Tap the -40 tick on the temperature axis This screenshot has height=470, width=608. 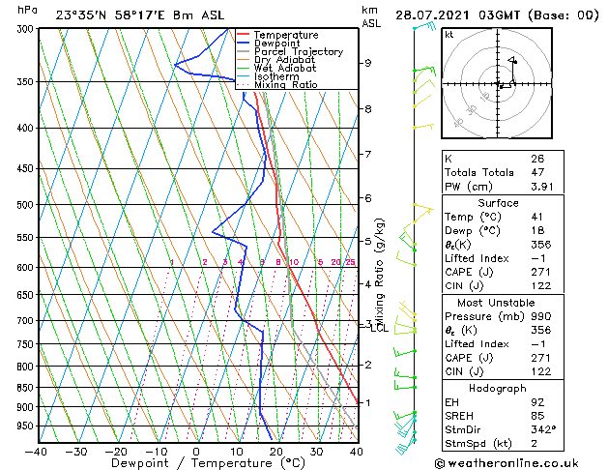click(x=37, y=452)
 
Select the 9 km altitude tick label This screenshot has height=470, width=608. click(x=367, y=63)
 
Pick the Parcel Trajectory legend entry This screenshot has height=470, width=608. click(x=298, y=52)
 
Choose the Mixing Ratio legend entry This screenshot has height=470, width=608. click(x=284, y=85)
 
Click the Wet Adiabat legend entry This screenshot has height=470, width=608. click(x=286, y=69)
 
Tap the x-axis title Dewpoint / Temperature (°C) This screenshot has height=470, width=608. click(x=196, y=464)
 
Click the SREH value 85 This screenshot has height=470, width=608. click(x=537, y=416)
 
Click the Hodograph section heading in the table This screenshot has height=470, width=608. click(x=499, y=387)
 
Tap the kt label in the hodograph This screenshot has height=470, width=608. click(x=449, y=35)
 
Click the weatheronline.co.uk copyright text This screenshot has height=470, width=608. click(x=508, y=462)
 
